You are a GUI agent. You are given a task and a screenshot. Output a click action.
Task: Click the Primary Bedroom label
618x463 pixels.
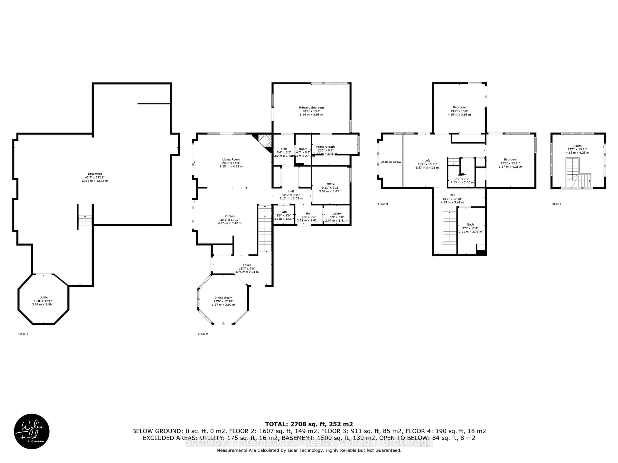tap(311, 108)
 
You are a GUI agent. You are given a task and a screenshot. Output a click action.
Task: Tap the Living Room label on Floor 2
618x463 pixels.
tap(231, 160)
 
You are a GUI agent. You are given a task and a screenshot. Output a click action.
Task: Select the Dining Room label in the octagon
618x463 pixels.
tap(223, 298)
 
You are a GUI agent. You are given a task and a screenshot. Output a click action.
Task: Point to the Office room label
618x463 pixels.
tap(331, 184)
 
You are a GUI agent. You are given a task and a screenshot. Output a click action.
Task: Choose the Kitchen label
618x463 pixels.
tap(230, 216)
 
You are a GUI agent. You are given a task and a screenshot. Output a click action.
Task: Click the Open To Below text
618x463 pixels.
tap(391, 162)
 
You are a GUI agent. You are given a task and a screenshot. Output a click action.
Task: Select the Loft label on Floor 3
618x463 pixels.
tap(427, 160)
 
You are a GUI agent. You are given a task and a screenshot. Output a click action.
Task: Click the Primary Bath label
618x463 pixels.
tap(325, 147)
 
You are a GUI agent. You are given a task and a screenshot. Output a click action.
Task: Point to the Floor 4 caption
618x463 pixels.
tap(556, 204)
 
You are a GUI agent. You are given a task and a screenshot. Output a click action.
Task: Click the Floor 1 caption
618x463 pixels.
tap(23, 334)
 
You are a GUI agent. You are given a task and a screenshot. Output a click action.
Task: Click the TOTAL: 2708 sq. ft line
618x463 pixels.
tap(309, 424)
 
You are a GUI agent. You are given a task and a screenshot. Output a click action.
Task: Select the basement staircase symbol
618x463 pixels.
tap(85, 220)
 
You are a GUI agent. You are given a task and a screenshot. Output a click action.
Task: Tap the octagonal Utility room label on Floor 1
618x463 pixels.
tap(44, 298)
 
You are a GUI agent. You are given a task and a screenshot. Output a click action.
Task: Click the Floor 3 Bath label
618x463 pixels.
tap(470, 224)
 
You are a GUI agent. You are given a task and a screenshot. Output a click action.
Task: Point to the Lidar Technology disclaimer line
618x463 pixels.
tap(309, 450)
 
